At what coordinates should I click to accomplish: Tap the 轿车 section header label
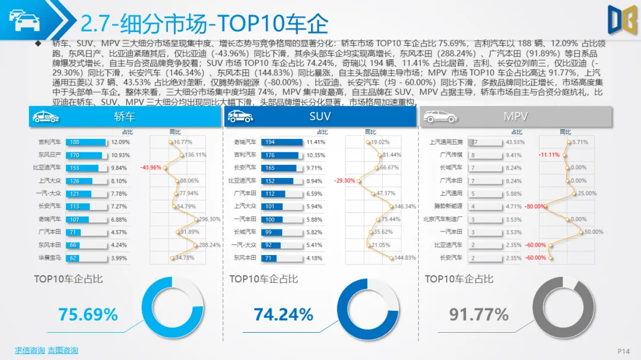(124, 117)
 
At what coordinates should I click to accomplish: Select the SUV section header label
(320, 117)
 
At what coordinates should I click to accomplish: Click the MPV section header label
(515, 117)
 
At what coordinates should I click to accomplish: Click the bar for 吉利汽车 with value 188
(87, 142)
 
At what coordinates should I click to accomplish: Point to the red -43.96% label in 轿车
(151, 168)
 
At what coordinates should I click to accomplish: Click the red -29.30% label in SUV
(344, 181)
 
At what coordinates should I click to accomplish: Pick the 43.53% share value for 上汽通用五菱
(515, 142)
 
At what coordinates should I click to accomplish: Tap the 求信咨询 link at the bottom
(30, 351)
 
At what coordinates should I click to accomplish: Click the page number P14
(623, 351)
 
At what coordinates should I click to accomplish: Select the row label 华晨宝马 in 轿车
(50, 258)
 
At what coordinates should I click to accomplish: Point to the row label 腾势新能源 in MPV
(448, 206)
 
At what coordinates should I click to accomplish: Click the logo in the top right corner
(621, 20)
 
